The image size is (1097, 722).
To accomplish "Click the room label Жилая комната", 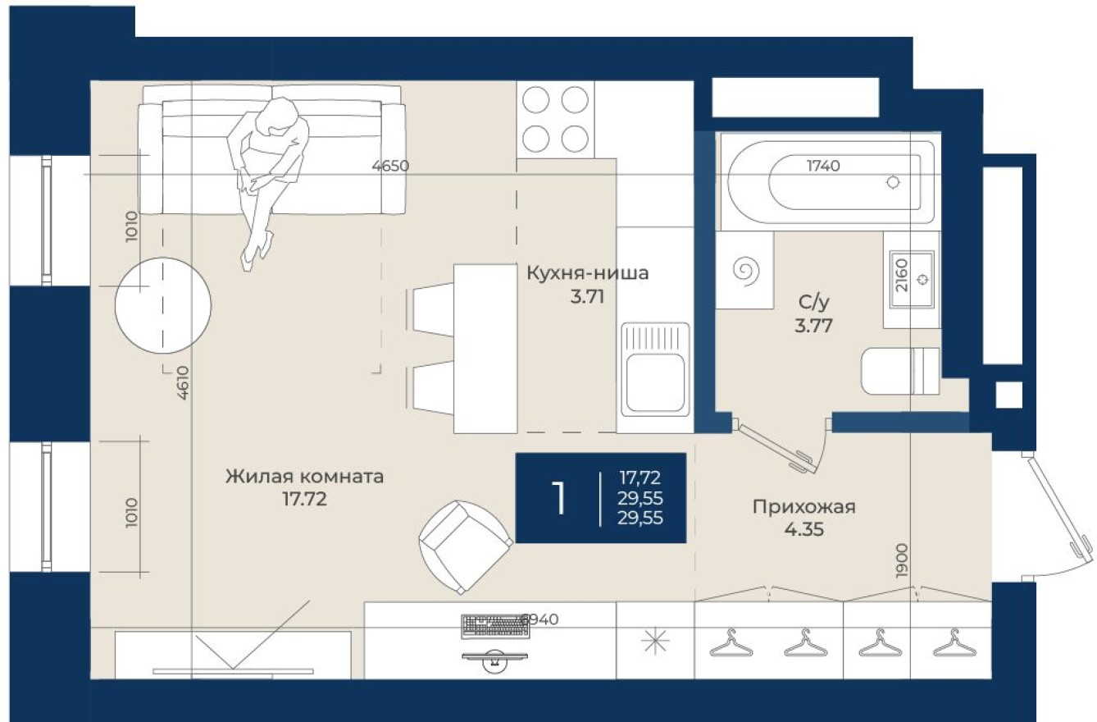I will click(x=304, y=477).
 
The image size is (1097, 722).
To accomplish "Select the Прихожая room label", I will click(x=803, y=507).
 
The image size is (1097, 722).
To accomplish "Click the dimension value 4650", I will click(x=390, y=166).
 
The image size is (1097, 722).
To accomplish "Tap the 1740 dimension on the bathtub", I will click(x=823, y=166).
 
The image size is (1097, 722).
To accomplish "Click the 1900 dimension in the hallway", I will click(x=902, y=561).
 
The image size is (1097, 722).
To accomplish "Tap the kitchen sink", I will click(x=654, y=369).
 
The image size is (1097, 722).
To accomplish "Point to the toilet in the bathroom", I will click(x=899, y=372).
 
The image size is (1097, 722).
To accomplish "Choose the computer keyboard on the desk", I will click(x=494, y=626).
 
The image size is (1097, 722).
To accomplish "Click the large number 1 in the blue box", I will click(x=559, y=497).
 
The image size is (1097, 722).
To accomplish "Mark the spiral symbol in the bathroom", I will click(x=746, y=270).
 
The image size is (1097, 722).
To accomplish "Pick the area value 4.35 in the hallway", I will click(x=803, y=529).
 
